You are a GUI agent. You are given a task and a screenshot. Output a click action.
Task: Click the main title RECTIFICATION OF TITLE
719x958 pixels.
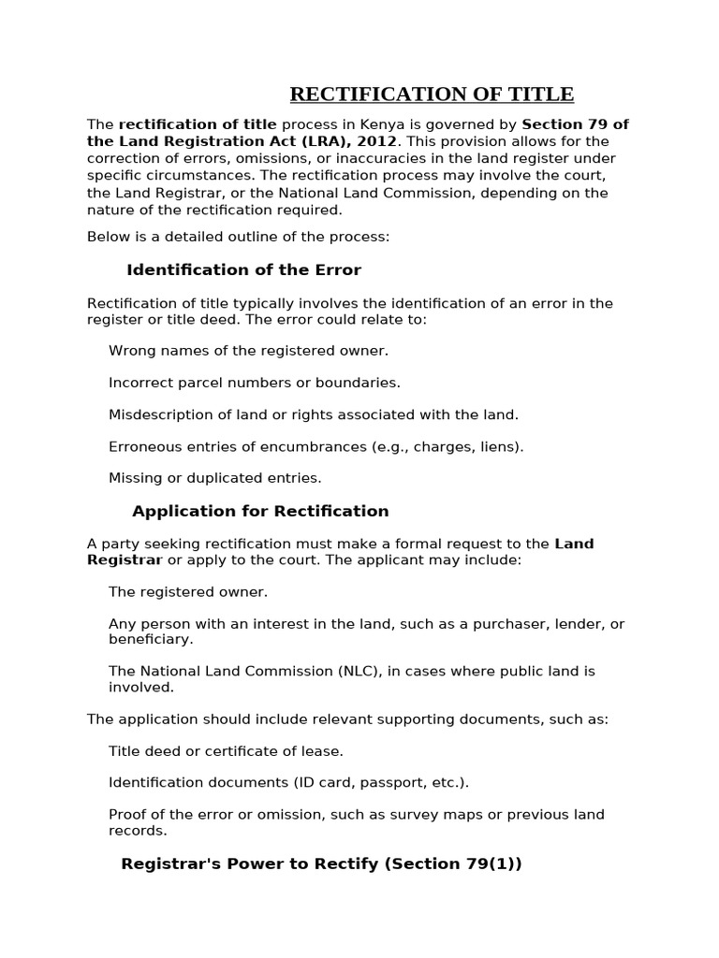pos(432,94)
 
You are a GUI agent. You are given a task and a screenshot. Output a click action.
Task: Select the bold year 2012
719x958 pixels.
pos(377,141)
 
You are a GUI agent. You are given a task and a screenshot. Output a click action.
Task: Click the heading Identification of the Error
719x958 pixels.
pos(243,270)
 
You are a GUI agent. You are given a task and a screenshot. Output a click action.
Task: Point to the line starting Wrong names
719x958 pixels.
pos(248,351)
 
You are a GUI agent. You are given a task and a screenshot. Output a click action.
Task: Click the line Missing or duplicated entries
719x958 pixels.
pos(214,478)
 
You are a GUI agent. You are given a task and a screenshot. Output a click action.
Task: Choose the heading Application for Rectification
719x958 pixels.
pos(260,512)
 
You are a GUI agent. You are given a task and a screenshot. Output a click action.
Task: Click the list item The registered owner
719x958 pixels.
pos(188,592)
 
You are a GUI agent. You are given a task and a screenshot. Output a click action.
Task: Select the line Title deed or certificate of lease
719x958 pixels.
pos(226,751)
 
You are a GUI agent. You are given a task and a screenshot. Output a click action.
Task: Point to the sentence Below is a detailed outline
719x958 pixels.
pos(238,237)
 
